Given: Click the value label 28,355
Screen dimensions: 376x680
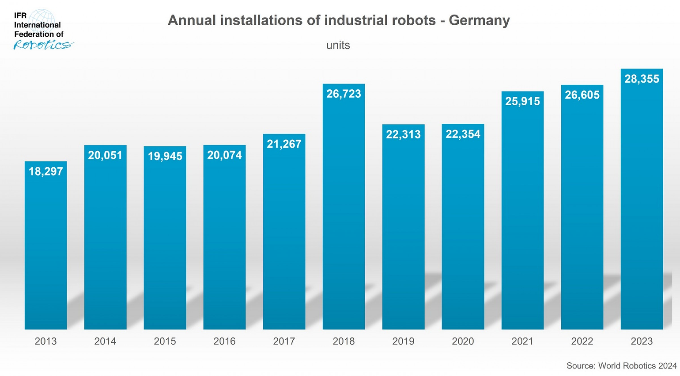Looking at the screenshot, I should [x=642, y=79].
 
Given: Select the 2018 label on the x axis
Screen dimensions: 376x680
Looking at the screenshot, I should [x=343, y=341].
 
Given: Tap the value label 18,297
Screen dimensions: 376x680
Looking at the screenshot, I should [x=46, y=171].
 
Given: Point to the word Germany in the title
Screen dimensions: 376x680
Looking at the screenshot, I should [x=479, y=20].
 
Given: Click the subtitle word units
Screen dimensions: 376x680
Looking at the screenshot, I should [x=338, y=45].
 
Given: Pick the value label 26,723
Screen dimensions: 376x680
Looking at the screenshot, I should [x=344, y=94].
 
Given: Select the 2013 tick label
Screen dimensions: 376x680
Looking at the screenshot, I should [x=46, y=341].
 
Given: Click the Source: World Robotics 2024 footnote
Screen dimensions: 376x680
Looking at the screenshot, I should [x=621, y=366].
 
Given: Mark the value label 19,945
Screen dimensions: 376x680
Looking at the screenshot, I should [x=165, y=156].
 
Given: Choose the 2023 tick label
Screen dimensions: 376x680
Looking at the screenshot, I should [x=641, y=341].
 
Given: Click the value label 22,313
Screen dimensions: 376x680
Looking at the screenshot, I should [x=403, y=135].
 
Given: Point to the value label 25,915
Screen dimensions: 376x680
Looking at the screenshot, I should [x=522, y=101].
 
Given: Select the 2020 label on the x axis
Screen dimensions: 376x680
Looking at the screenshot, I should [x=463, y=341].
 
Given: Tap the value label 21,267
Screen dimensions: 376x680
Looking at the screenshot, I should [x=284, y=144].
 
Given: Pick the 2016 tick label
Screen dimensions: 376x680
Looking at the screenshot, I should [x=224, y=341].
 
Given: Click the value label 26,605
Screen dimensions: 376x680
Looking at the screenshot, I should [x=582, y=95].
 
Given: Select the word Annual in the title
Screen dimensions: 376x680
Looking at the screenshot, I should [x=192, y=20].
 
